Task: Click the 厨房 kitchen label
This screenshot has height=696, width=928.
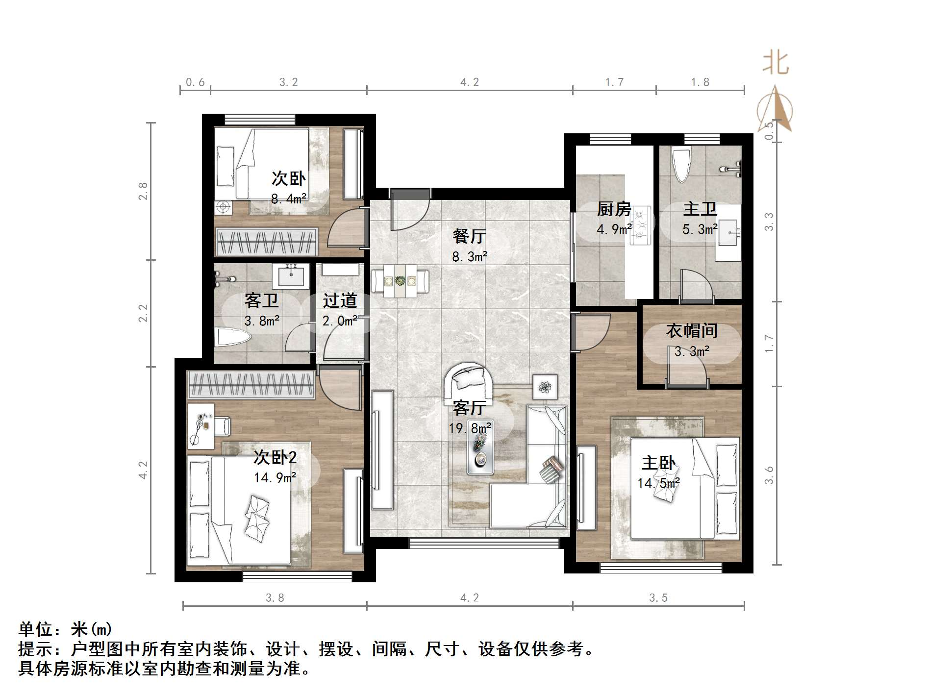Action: click(614, 210)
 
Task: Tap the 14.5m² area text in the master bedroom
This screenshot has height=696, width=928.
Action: click(658, 483)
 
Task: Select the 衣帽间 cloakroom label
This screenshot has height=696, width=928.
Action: click(691, 331)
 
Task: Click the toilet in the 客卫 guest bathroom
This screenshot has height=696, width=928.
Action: click(233, 337)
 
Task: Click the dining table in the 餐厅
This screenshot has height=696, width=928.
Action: click(400, 281)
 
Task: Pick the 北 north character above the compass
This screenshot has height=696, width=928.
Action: click(775, 63)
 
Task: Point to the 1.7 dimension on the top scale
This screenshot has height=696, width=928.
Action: click(614, 82)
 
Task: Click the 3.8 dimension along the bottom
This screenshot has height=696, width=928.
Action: click(275, 597)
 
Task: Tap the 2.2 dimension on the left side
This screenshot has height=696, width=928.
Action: click(143, 313)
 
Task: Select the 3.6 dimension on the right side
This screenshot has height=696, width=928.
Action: click(769, 474)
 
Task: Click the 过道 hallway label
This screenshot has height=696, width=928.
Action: click(340, 300)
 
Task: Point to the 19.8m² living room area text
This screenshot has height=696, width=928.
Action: click(470, 428)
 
